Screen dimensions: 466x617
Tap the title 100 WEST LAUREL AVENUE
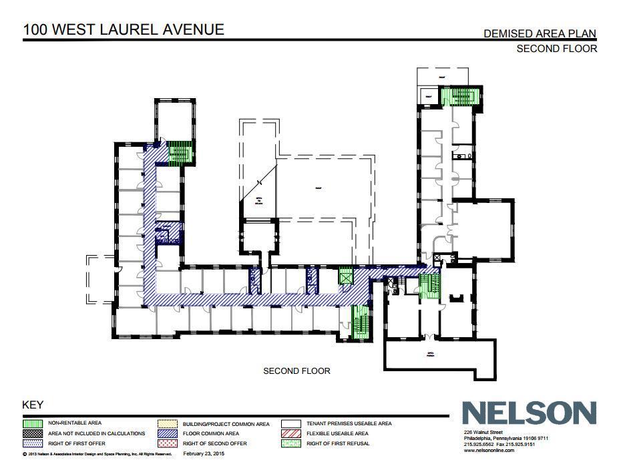(124, 29)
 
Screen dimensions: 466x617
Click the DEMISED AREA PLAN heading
(540, 33)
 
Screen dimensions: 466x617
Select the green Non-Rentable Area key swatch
(33, 423)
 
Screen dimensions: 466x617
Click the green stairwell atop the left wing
(179, 153)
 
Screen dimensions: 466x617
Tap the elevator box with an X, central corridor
(345, 276)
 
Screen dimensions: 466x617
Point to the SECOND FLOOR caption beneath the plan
(296, 371)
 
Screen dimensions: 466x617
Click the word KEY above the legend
(33, 405)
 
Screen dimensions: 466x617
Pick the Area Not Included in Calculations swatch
(33, 433)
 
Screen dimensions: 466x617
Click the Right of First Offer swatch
(33, 443)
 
